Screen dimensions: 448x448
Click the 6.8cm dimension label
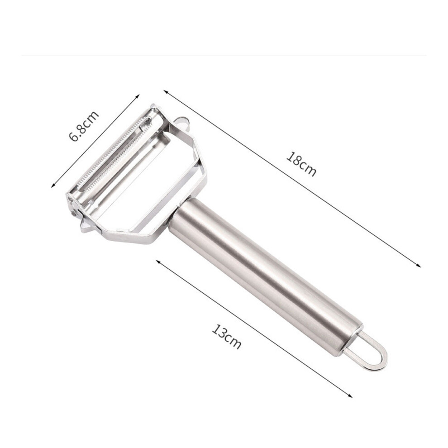[x=84, y=126]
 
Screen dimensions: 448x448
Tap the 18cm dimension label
[x=301, y=164]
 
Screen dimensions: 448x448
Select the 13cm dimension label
[x=227, y=337]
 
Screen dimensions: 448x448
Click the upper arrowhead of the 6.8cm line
[x=138, y=96]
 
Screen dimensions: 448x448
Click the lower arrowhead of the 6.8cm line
[x=53, y=186]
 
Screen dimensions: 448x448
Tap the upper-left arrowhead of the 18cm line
[x=166, y=92]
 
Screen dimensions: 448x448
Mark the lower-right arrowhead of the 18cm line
[x=418, y=266]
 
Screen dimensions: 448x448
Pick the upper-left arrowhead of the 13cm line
[x=158, y=261]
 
